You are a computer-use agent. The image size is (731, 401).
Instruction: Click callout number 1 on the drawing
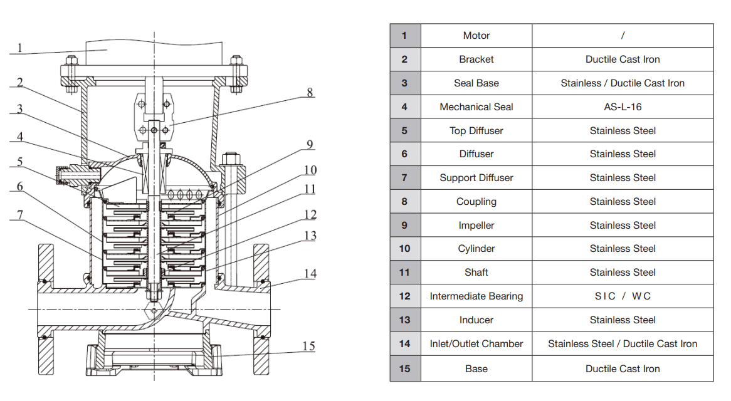[x=19, y=48]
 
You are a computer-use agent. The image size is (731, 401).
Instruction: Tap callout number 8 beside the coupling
[x=310, y=93]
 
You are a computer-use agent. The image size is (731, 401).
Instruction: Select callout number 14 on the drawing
[x=310, y=274]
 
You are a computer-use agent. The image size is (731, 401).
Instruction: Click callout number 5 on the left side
[x=19, y=162]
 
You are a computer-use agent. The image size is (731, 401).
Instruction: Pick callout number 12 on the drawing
[x=310, y=214]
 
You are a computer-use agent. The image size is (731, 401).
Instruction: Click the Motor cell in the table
[x=476, y=36]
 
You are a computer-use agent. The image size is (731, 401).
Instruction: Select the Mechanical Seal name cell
[x=476, y=107]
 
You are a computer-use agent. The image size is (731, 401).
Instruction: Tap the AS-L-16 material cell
[x=623, y=107]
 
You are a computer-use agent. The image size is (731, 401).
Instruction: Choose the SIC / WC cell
[x=623, y=296]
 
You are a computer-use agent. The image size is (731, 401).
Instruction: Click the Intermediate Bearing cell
[x=476, y=296]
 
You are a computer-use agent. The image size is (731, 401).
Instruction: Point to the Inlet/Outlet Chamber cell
[x=476, y=344]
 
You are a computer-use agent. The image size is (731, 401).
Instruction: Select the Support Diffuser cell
[x=476, y=178]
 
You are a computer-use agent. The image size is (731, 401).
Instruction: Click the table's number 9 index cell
[x=405, y=226]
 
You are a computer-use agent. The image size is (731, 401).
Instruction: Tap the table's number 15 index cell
[x=405, y=369]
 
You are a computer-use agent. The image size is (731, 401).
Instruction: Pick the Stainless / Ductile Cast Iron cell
[x=623, y=83]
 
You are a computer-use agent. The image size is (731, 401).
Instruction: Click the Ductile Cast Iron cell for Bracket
[x=623, y=60]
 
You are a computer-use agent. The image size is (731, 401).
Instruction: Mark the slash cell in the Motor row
[x=623, y=36]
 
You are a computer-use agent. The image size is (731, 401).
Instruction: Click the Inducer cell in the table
[x=476, y=320]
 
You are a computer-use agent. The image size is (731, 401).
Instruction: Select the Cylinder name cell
[x=476, y=249]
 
